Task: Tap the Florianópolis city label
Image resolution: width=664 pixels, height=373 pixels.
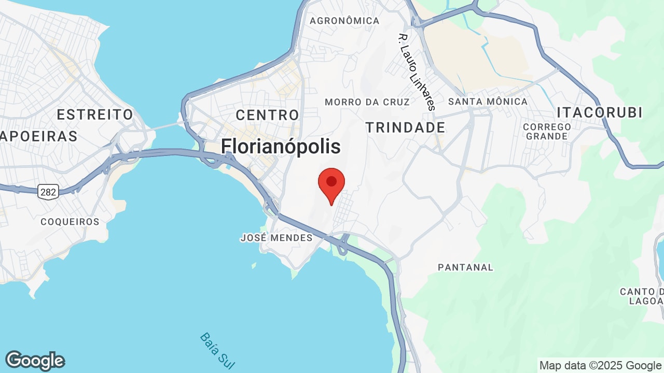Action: pyautogui.click(x=281, y=147)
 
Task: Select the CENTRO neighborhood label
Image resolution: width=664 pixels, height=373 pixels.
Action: pyautogui.click(x=267, y=115)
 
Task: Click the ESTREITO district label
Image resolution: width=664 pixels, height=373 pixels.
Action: pyautogui.click(x=95, y=114)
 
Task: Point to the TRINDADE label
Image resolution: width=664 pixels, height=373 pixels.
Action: pyautogui.click(x=405, y=127)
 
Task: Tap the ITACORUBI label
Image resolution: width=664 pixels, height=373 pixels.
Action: pyautogui.click(x=600, y=112)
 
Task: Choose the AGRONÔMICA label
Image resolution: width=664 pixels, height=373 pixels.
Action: pyautogui.click(x=344, y=21)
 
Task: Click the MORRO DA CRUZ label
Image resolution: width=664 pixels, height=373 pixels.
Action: pyautogui.click(x=367, y=102)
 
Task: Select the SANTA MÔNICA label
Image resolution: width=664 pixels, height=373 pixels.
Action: pyautogui.click(x=488, y=102)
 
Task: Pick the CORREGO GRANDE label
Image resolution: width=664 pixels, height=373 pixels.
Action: pyautogui.click(x=547, y=132)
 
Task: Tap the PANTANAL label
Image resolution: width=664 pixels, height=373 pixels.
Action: pyautogui.click(x=465, y=267)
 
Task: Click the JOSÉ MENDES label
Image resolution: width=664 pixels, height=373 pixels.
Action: pyautogui.click(x=276, y=238)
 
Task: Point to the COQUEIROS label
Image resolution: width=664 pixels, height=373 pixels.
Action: pyautogui.click(x=70, y=222)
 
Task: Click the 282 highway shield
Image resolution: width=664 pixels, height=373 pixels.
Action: pyautogui.click(x=47, y=192)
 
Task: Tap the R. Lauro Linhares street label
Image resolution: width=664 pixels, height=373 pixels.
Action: pyautogui.click(x=416, y=72)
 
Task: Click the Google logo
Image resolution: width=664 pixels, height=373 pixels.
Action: pyautogui.click(x=35, y=361)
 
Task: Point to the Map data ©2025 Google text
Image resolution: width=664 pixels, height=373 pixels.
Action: pyautogui.click(x=600, y=365)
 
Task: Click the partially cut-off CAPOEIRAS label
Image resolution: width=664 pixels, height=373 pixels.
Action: pyautogui.click(x=39, y=136)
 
